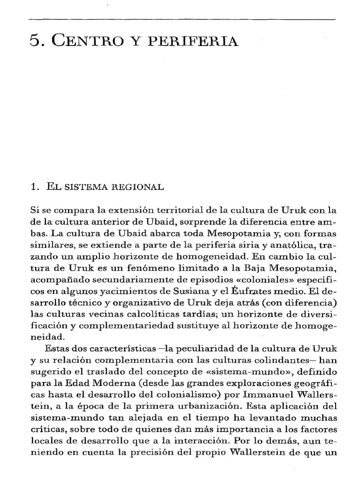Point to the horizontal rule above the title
pyautogui.click(x=182, y=19)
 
